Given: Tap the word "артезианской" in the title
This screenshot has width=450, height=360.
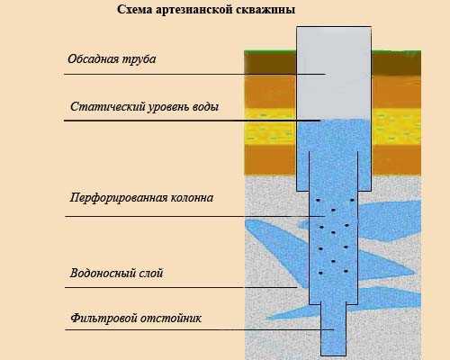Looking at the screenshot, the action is (x=194, y=10).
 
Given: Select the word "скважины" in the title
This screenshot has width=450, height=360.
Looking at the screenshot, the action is (x=265, y=10).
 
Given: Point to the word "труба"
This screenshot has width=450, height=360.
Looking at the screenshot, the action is (x=139, y=59).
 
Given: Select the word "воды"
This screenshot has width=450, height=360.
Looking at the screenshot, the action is (x=206, y=107).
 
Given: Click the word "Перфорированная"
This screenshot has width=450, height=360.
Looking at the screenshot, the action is (x=118, y=198).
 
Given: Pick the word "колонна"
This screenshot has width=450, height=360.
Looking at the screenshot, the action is (x=192, y=198).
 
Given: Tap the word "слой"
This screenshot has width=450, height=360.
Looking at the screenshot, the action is (x=151, y=273).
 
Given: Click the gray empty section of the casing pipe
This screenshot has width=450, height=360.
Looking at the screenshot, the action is (x=334, y=73).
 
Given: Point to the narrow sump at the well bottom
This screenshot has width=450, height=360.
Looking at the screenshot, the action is (x=334, y=330).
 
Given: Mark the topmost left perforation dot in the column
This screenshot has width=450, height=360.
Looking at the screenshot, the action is (x=318, y=200).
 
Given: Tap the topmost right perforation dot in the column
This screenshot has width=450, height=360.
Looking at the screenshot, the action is (x=352, y=200).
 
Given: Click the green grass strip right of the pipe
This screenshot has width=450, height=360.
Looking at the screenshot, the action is (x=396, y=52).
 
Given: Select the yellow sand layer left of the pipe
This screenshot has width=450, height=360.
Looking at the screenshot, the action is (x=270, y=127).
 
